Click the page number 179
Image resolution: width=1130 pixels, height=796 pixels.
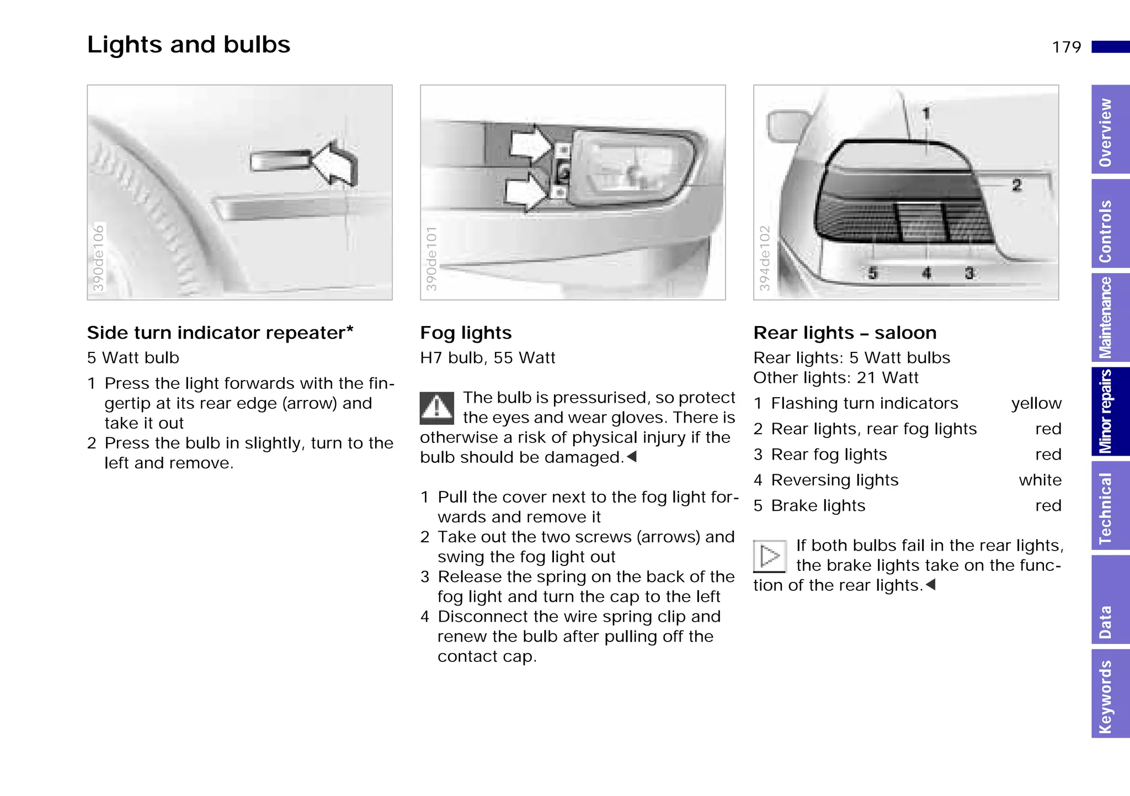point(1066,47)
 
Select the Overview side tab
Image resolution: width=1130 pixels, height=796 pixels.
point(1109,131)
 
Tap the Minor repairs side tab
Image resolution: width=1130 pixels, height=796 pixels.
point(1109,412)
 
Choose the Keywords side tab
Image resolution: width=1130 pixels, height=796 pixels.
point(1109,696)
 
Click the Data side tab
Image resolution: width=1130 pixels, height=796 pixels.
point(1109,622)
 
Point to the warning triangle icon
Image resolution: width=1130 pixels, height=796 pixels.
point(436,408)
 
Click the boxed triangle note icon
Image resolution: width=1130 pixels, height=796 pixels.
point(769,556)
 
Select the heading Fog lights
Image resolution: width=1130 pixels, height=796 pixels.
point(466,333)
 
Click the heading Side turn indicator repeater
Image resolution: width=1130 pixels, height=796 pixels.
point(220,333)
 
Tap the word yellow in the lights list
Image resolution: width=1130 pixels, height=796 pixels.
point(1036,403)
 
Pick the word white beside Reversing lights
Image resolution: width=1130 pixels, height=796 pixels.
point(1040,480)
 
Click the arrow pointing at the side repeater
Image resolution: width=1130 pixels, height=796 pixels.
point(335,164)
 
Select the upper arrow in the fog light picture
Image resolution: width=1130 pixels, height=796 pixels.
point(530,145)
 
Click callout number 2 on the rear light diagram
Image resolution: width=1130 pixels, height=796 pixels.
point(1016,185)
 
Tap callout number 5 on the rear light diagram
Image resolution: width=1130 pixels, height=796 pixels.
point(872,273)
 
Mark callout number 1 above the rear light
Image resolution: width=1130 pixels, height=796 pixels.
point(926,114)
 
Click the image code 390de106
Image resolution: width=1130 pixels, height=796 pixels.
point(98,258)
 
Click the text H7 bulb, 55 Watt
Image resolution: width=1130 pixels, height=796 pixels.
point(487,358)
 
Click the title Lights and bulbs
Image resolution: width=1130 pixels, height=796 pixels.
point(188,45)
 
